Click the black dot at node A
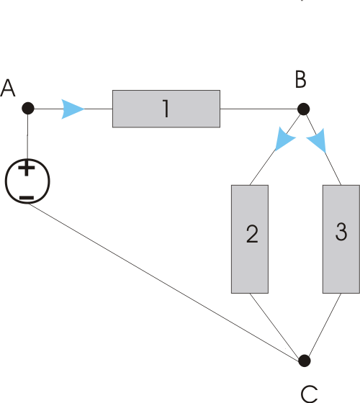[x=28, y=108]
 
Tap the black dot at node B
[x=303, y=109]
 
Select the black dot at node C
[x=305, y=361]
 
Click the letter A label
[x=8, y=88]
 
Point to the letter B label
[x=301, y=79]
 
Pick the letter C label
[x=309, y=394]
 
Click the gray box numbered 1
[x=166, y=109]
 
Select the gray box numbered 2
[x=250, y=239]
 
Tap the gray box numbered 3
[x=341, y=239]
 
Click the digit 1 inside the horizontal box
[x=166, y=109]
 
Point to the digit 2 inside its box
[x=252, y=234]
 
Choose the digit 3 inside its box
[x=341, y=232]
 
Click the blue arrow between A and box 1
[x=73, y=109]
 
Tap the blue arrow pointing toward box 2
[x=284, y=139]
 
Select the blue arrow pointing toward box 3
[x=318, y=140]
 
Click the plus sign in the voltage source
[x=26, y=168]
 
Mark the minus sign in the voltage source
[x=27, y=198]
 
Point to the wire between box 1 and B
[x=258, y=109]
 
